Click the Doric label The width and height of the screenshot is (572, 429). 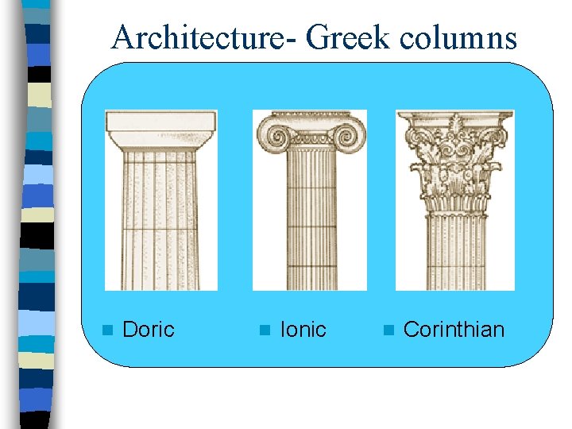click(149, 330)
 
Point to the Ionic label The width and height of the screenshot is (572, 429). click(303, 330)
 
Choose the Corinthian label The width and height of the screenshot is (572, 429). click(454, 330)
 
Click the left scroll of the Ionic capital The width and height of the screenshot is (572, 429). click(276, 136)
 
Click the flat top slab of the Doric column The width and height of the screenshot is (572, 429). click(160, 122)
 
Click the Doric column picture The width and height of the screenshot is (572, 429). click(160, 199)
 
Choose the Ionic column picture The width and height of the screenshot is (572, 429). click(310, 199)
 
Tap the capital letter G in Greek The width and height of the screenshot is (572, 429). click(317, 37)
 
